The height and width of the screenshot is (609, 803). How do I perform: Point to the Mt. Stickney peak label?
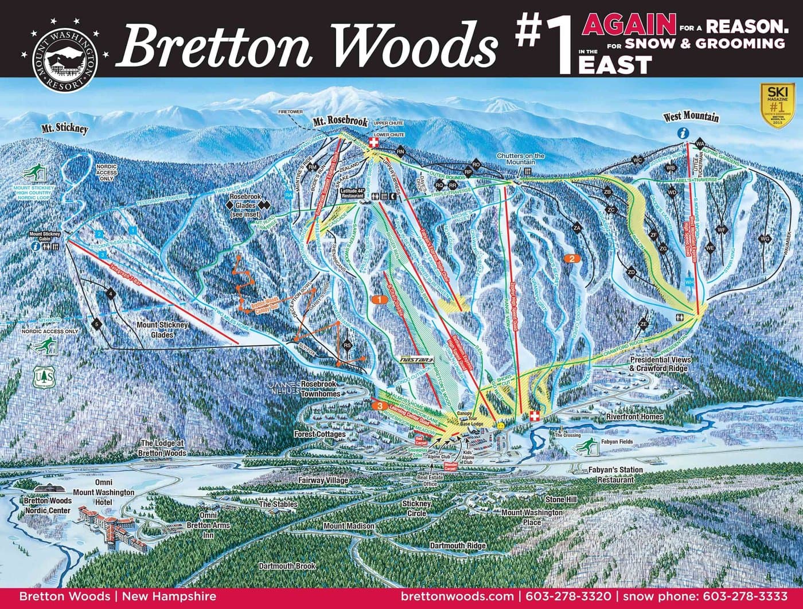point(64,128)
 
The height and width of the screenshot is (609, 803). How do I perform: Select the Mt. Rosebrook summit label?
point(340,122)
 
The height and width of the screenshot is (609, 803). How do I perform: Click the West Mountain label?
point(691,117)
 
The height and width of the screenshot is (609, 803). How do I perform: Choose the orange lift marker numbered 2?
point(572,258)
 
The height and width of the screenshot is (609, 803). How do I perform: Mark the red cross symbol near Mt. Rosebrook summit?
point(375,142)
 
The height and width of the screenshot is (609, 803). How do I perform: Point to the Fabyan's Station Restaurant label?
point(615,474)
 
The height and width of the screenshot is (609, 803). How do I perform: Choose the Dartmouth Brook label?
point(287,566)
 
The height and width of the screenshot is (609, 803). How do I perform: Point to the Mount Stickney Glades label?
point(162,329)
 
